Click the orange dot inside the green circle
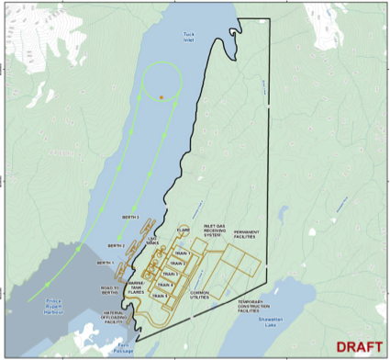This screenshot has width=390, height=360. (162, 96)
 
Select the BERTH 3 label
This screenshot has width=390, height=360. (130, 217)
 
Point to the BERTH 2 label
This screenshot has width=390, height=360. (117, 245)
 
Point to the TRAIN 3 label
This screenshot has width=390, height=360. (168, 273)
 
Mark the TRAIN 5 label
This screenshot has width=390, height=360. (159, 295)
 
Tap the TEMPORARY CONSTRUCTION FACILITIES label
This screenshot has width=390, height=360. (258, 306)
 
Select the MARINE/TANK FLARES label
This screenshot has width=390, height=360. (140, 287)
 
